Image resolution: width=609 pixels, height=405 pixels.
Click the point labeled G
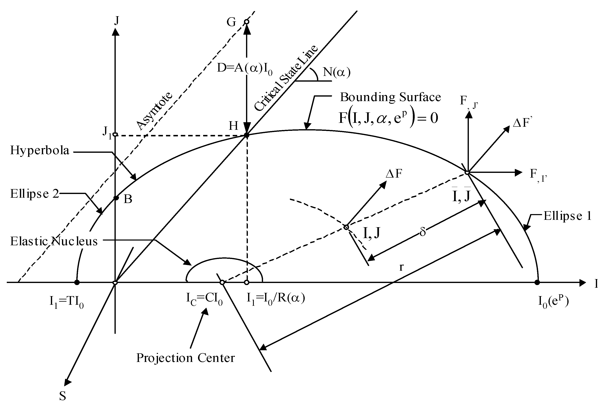[x=246, y=22]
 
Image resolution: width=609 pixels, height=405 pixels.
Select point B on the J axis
[x=116, y=198]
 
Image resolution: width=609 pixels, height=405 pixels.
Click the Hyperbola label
[x=40, y=150]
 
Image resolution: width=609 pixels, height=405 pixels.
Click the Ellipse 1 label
[x=567, y=216]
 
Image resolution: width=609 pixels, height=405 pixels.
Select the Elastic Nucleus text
[x=54, y=241]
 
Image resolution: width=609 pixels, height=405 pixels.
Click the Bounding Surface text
[x=390, y=97]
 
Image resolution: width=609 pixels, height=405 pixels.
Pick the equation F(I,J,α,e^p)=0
[x=388, y=118]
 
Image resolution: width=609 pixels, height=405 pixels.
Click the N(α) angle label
[x=337, y=72]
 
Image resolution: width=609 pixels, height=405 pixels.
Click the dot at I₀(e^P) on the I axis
[x=537, y=283]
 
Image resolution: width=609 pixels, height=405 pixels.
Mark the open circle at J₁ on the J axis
[x=115, y=135]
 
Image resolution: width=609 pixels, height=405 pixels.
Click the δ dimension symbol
[x=423, y=232]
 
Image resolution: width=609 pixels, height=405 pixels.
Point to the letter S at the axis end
[x=63, y=396]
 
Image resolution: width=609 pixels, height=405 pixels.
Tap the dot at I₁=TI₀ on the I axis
[x=77, y=283]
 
